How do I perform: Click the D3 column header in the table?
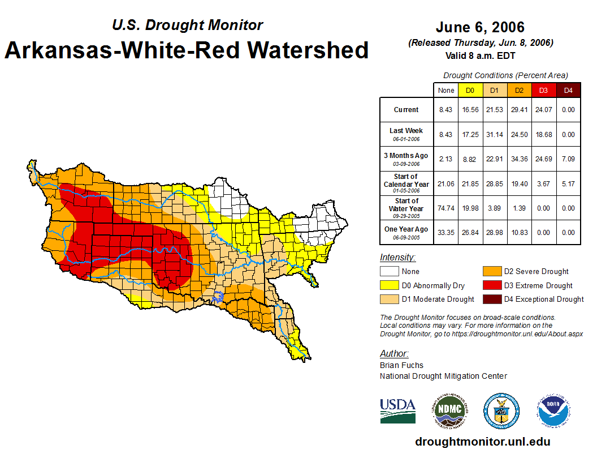click(x=543, y=90)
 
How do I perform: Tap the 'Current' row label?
click(x=406, y=110)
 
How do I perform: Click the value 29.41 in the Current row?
click(x=518, y=110)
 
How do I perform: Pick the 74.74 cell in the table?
click(x=446, y=208)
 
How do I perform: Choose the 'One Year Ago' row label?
click(x=406, y=229)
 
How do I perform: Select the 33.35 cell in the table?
click(x=446, y=232)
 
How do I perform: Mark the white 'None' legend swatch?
click(x=390, y=272)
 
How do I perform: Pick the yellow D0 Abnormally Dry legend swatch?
click(x=390, y=285)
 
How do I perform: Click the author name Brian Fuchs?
click(x=401, y=365)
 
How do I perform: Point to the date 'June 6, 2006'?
click(x=480, y=27)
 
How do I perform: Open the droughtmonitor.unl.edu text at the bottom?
click(x=482, y=442)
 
